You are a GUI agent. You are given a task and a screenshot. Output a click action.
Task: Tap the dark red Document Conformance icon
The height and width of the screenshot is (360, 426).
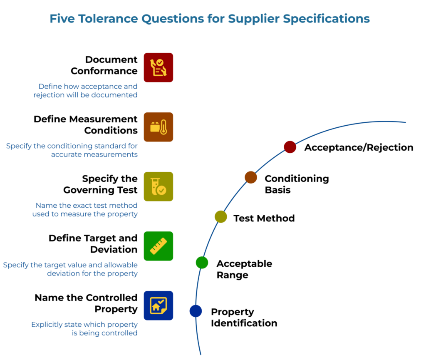tap(158, 67)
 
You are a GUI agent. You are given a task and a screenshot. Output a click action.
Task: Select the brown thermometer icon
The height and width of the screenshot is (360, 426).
tap(158, 127)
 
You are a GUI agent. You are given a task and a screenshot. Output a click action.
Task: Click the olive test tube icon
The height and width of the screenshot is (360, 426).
tap(158, 186)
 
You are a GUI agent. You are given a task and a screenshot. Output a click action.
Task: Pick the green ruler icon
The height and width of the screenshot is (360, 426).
tap(158, 246)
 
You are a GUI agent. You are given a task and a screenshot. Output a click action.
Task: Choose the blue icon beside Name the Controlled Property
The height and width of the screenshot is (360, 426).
tap(158, 305)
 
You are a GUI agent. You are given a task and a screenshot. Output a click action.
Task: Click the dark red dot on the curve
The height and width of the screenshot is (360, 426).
tap(290, 147)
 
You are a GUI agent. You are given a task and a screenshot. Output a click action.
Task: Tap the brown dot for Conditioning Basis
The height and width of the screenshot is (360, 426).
tap(251, 177)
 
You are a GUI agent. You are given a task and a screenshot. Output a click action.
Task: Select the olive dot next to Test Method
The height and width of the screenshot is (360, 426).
tap(221, 217)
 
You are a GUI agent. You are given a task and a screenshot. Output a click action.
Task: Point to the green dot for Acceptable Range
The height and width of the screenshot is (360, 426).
tap(202, 263)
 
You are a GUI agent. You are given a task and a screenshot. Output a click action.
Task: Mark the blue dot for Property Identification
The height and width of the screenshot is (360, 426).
tap(196, 311)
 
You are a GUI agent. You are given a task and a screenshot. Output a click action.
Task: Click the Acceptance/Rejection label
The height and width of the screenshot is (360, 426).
tap(359, 148)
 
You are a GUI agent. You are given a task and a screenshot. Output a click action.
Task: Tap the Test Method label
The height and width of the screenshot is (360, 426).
tap(264, 218)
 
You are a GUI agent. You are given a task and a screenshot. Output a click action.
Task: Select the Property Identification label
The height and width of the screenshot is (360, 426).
tap(244, 318)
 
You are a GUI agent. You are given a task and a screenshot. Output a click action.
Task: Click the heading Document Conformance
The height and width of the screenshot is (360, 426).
tap(104, 65)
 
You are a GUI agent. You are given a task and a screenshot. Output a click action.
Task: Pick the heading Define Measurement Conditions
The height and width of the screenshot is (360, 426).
tap(86, 125)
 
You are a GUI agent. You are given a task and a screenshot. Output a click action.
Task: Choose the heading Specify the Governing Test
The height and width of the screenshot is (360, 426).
tap(100, 184)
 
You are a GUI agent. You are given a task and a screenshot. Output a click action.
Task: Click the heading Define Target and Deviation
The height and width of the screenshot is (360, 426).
tap(93, 244)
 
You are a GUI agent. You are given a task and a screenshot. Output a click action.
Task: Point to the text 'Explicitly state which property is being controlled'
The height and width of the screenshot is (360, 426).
tap(84, 329)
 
